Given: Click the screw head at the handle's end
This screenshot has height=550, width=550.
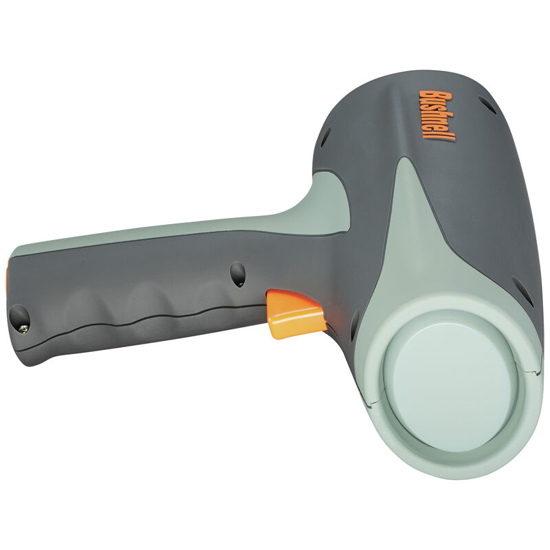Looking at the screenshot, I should click(x=23, y=329).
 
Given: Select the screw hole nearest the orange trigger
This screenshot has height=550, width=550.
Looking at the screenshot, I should click(x=238, y=274).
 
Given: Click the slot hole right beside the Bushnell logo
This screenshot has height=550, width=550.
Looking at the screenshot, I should click(x=487, y=104).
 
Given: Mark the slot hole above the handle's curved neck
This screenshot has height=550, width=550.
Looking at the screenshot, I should click(x=325, y=136).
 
